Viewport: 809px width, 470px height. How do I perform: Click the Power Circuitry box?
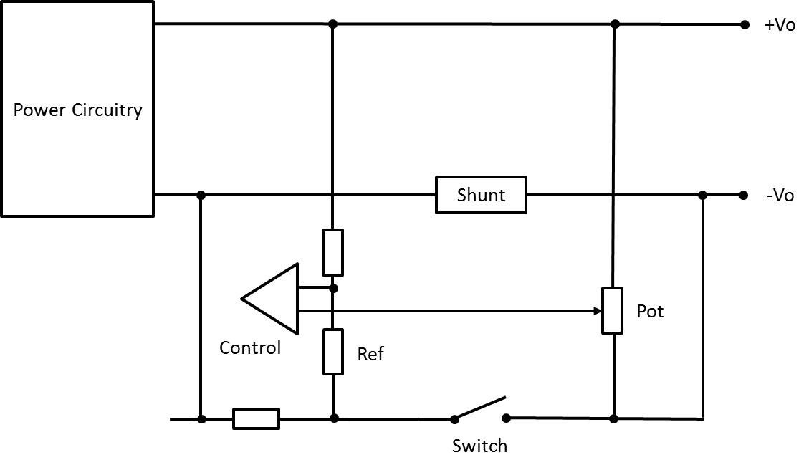[77, 109]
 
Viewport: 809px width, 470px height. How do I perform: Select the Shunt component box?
[481, 195]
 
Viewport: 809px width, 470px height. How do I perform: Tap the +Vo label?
[780, 25]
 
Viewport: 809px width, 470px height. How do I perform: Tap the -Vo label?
[780, 196]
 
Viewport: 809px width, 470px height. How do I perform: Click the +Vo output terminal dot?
[745, 24]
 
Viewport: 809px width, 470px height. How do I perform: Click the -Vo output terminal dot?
[745, 195]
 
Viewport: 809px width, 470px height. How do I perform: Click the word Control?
[250, 348]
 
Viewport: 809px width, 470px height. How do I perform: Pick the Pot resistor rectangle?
[612, 310]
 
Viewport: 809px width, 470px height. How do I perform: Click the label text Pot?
[650, 312]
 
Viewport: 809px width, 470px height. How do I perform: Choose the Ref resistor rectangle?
[333, 351]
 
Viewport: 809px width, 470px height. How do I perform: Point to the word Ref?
[370, 354]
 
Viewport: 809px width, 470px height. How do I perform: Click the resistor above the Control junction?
[332, 252]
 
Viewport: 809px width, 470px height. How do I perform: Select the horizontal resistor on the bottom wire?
[256, 418]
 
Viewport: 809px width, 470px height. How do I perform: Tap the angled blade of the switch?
[480, 407]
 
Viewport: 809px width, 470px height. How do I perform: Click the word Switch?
[479, 446]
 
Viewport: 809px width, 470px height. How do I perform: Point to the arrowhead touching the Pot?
[596, 311]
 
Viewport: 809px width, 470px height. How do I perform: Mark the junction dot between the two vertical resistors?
[333, 288]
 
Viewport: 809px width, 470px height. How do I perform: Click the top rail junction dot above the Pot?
[614, 24]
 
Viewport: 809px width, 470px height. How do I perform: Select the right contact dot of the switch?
[506, 418]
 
